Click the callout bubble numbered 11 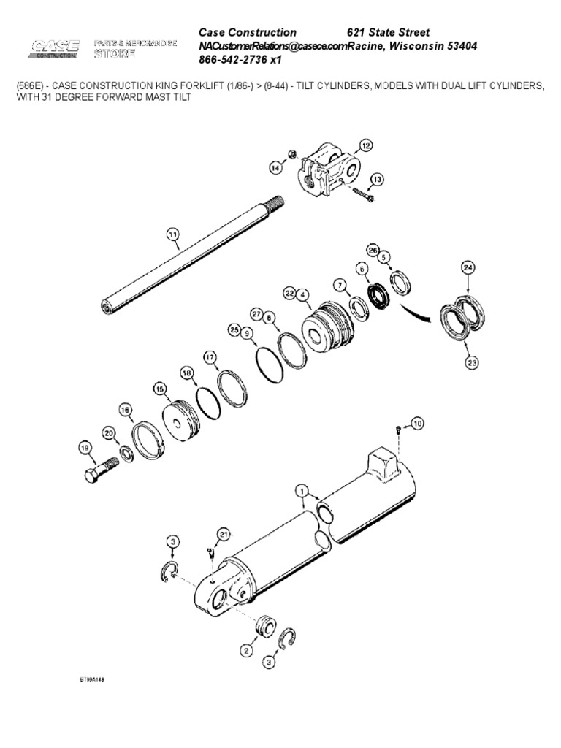(172, 234)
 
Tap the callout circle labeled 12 (365, 145)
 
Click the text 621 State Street (387, 33)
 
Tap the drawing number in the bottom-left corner (93, 679)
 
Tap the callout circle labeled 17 (210, 357)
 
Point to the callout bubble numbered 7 (339, 283)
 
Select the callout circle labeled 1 (302, 492)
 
